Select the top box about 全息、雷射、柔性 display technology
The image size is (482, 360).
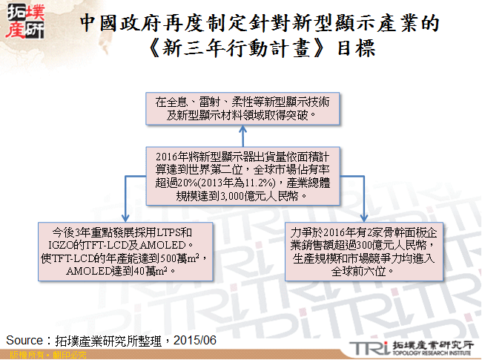242,108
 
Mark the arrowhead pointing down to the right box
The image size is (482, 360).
363,218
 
